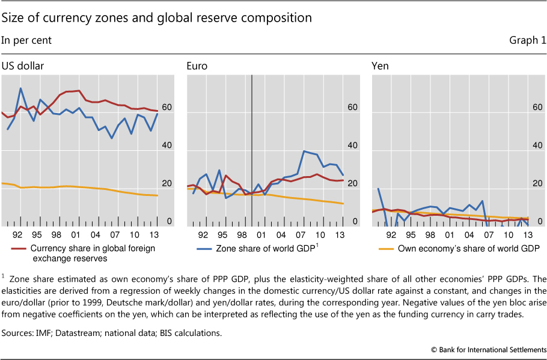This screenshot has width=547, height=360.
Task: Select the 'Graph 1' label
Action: click(x=527, y=40)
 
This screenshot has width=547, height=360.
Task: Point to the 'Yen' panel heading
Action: click(x=380, y=66)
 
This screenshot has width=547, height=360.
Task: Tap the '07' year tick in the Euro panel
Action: click(x=305, y=234)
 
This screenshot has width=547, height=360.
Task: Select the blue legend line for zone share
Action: click(x=201, y=248)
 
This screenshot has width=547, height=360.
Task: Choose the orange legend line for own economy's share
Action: click(x=387, y=248)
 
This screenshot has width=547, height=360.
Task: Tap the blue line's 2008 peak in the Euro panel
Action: click(x=305, y=151)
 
